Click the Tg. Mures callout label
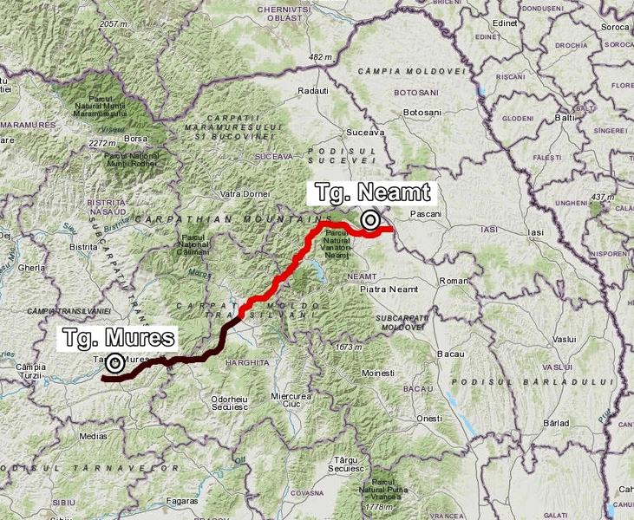tap(119, 337)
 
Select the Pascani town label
tap(426, 212)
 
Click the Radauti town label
tap(313, 91)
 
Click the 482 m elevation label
tap(320, 57)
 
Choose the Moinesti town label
tap(378, 373)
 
